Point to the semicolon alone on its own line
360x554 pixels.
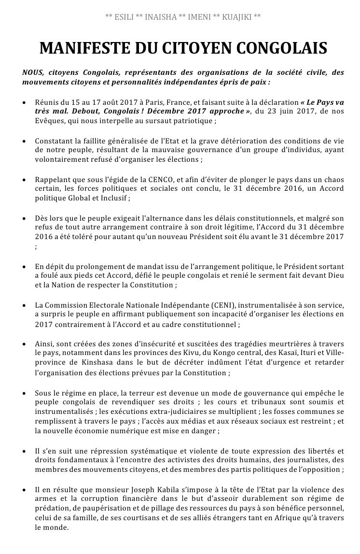(x=36, y=246)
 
